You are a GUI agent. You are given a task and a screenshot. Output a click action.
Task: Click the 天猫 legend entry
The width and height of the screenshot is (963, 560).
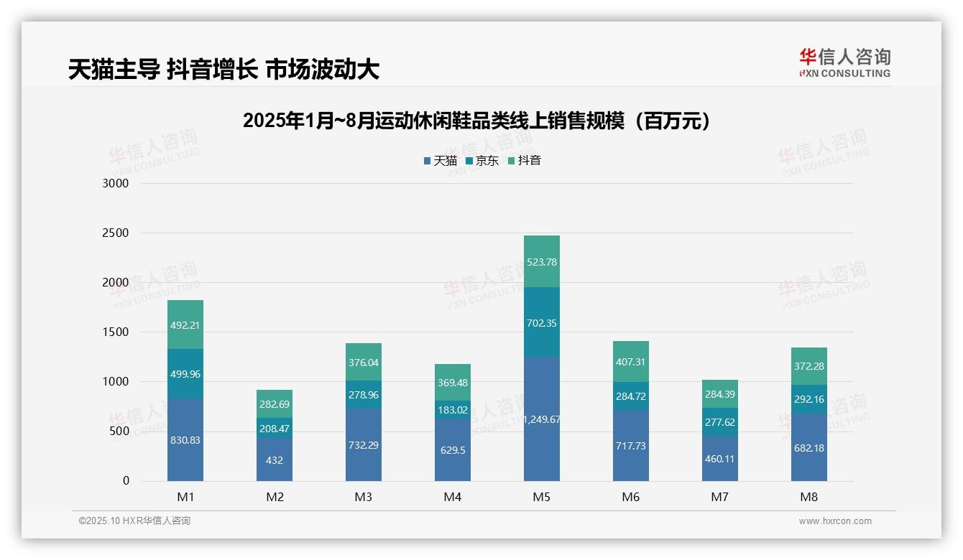[x=440, y=161]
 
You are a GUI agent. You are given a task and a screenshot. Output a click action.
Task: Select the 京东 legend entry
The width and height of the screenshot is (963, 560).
[x=481, y=161]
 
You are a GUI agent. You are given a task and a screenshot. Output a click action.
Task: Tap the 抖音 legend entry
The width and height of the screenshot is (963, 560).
[x=524, y=161]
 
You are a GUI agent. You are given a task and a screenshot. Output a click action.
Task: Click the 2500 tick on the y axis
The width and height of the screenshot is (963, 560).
[x=115, y=233]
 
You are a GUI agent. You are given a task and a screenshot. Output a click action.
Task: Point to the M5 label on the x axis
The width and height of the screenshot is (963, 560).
[x=542, y=497]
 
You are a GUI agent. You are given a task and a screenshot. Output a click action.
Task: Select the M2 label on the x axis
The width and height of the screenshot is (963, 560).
[x=275, y=497]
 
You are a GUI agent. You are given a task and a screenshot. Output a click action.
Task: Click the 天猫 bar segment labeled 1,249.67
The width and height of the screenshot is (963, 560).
[x=542, y=419]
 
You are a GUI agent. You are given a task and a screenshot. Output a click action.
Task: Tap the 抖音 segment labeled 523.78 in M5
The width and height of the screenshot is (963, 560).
[x=542, y=262]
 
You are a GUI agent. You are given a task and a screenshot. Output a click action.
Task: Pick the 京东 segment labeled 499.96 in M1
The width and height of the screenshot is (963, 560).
[x=185, y=374]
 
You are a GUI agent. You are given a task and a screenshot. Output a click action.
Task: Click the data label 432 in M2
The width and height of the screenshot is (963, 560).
[x=275, y=460]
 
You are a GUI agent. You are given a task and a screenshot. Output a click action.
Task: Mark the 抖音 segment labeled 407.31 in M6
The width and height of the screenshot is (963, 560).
[x=631, y=362]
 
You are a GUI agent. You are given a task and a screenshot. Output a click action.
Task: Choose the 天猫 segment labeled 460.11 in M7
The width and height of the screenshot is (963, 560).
[x=720, y=458]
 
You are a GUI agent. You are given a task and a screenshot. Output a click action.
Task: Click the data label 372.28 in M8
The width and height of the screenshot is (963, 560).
[x=809, y=366]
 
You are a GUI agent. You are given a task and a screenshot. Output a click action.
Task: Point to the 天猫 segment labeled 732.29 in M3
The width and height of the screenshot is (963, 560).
[x=364, y=445]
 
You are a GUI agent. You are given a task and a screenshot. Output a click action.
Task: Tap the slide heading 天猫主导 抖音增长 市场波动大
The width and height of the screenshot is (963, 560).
[x=224, y=70]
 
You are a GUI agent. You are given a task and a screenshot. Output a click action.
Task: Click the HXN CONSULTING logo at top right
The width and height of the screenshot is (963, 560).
[x=844, y=63]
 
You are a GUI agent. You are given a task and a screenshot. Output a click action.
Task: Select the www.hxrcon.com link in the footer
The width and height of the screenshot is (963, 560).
[x=835, y=521]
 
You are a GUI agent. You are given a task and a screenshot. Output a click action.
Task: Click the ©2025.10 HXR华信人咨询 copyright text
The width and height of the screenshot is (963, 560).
[x=134, y=521]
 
